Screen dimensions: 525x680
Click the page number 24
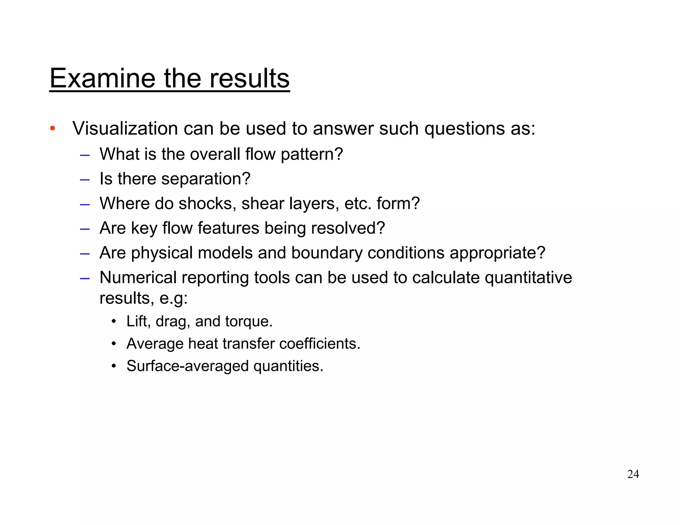[633, 474]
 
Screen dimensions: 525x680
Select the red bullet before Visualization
[52, 128]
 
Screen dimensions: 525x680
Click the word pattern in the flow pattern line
[311, 154]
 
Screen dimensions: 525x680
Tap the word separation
[206, 179]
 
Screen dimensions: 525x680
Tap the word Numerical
[138, 277]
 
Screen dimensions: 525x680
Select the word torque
[249, 322]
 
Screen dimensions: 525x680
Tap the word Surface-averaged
[187, 366]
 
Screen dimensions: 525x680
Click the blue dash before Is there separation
[85, 180]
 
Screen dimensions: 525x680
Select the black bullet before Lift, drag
[114, 321]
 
